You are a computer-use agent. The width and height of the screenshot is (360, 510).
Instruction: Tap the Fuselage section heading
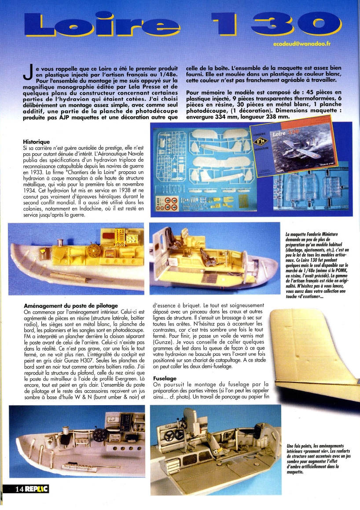[165, 378]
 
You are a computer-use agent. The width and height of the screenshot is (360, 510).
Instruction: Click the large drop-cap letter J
[27, 74]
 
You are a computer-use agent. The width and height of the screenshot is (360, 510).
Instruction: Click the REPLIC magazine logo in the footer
[37, 489]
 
